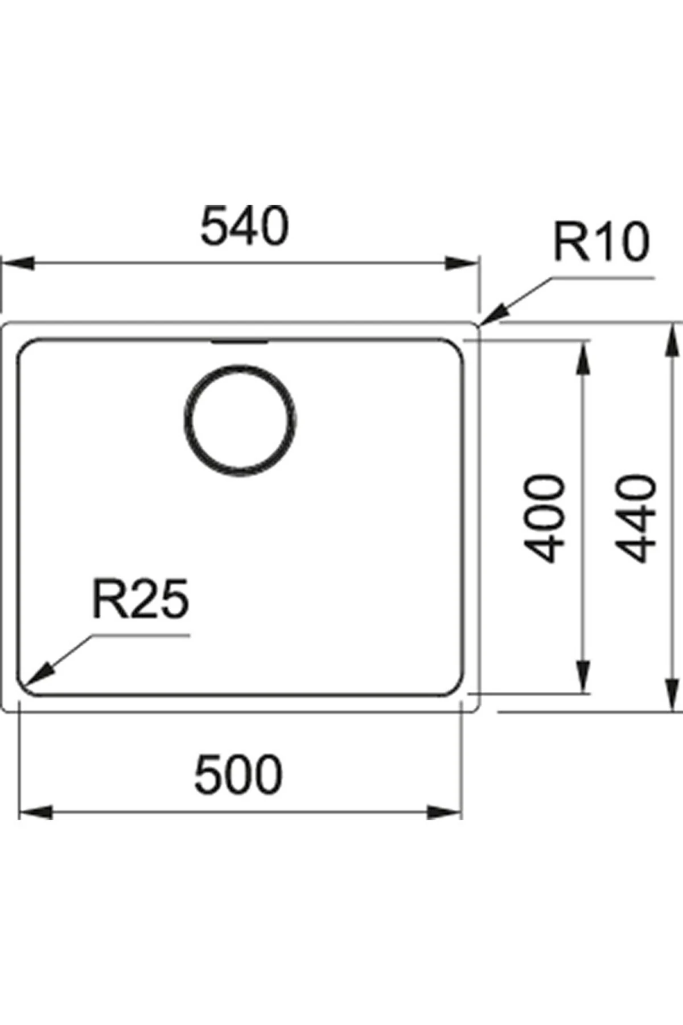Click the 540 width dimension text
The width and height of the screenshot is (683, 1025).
245,227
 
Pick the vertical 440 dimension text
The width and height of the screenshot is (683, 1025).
636,518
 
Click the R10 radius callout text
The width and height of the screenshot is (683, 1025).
601,243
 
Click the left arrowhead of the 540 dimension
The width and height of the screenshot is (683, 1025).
17,264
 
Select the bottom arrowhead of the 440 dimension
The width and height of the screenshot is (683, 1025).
673,695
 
